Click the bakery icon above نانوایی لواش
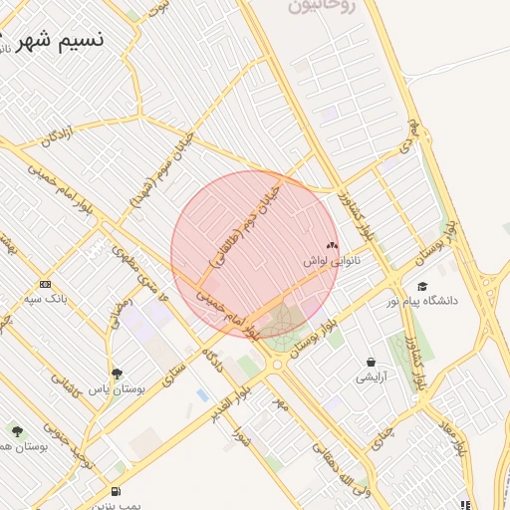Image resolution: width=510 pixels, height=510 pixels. (x=332, y=244)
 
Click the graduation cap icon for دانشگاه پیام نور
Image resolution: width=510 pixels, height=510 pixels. (x=422, y=286)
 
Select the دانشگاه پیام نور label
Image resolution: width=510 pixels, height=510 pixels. (x=425, y=301)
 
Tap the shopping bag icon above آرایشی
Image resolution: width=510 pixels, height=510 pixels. (x=372, y=363)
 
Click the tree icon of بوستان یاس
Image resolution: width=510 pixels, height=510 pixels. (x=117, y=374)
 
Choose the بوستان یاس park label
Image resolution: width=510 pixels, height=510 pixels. (x=118, y=389)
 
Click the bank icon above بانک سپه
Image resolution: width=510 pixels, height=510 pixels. (x=45, y=284)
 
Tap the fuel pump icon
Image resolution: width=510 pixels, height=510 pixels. (x=118, y=491)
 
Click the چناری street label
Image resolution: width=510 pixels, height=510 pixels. (x=383, y=433)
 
